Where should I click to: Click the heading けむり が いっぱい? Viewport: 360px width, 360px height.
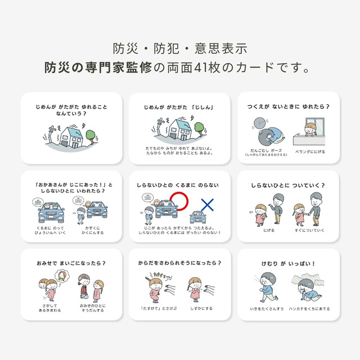(x=289, y=263)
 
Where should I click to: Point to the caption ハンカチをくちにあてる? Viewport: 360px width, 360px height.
(x=308, y=309)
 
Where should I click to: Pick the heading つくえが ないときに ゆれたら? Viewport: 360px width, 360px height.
(x=289, y=106)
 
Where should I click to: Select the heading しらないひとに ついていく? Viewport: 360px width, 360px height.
(x=289, y=185)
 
